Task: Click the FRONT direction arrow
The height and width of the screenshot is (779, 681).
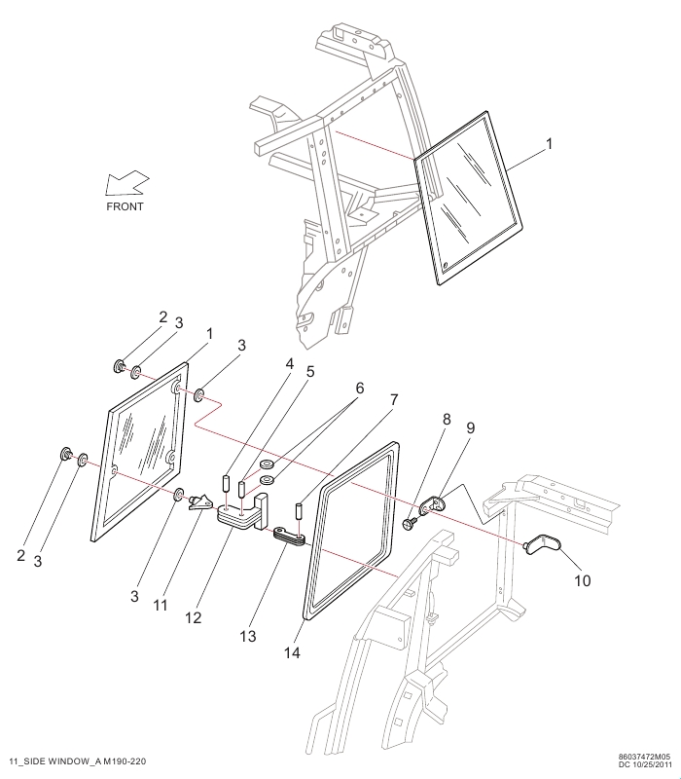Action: [x=127, y=183]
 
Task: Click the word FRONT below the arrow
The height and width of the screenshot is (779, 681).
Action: [x=125, y=206]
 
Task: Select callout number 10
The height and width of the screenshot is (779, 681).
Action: [x=583, y=580]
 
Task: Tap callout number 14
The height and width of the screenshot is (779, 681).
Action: [x=293, y=652]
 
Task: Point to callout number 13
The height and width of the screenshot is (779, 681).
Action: [x=248, y=636]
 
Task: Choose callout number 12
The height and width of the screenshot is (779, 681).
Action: [x=194, y=617]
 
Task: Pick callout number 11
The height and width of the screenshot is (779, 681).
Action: [x=160, y=605]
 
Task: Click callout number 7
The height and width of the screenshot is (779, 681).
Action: [x=394, y=399]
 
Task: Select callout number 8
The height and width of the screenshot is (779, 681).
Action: [x=447, y=419]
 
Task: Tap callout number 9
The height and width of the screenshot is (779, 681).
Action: [x=470, y=427]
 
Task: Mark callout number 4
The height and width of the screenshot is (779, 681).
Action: [x=289, y=364]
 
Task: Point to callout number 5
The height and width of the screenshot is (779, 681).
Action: [x=310, y=372]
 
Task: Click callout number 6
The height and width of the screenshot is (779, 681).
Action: [x=359, y=388]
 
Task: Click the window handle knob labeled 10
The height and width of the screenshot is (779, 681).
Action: [x=543, y=543]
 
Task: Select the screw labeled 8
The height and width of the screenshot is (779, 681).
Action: [x=411, y=524]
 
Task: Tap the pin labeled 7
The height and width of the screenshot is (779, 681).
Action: [x=300, y=510]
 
